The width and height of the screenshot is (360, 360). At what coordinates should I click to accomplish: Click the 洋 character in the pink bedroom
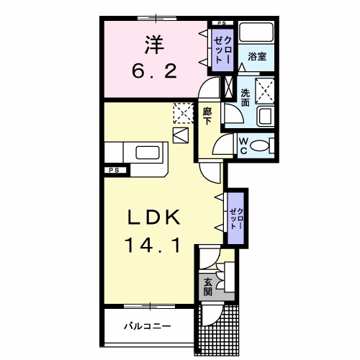[x=154, y=45]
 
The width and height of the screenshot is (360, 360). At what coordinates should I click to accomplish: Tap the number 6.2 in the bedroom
[x=155, y=71]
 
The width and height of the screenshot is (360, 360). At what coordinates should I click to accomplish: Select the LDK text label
[x=154, y=217]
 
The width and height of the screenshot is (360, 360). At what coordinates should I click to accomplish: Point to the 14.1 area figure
[x=153, y=245]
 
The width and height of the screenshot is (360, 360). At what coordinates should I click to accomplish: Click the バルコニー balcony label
[x=148, y=326]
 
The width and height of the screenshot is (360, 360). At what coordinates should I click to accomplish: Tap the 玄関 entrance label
[x=208, y=287]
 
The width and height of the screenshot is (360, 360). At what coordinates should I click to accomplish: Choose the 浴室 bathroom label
[x=257, y=57]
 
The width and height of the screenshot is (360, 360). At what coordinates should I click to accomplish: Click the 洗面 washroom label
[x=246, y=98]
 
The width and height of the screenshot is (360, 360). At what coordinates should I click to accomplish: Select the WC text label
[x=243, y=145]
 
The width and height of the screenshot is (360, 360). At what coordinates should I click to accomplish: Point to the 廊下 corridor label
[x=207, y=117]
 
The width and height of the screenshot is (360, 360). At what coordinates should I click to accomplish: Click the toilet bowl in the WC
[x=259, y=145]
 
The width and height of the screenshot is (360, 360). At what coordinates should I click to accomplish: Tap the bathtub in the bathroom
[x=256, y=32]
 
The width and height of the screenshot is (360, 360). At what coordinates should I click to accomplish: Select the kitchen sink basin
[x=148, y=153]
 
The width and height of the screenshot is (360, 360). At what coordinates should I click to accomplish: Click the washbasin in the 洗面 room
[x=265, y=117]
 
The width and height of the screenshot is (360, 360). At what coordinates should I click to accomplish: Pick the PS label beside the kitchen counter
[x=114, y=170]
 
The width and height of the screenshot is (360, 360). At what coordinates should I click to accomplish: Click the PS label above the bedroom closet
[x=222, y=23]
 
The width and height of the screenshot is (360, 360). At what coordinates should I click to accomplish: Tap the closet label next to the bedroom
[x=222, y=50]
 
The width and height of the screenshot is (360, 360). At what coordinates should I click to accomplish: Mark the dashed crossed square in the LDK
[x=184, y=113]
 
